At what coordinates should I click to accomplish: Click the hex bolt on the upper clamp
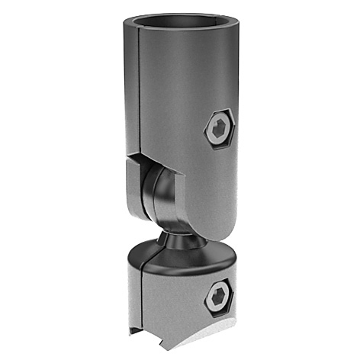(x=218, y=130)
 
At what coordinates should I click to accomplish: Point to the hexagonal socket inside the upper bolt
(x=219, y=130)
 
